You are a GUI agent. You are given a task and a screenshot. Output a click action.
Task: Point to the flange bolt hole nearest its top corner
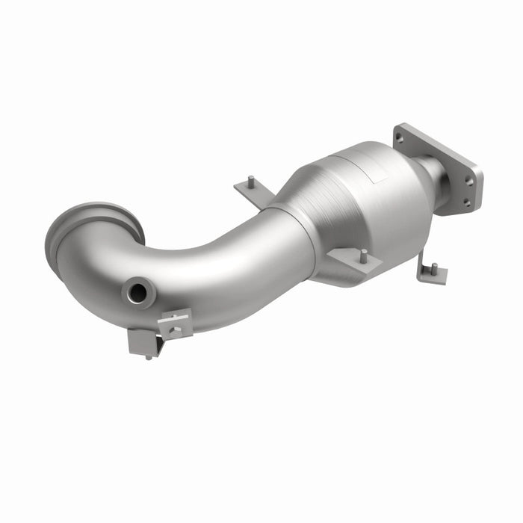tap(400, 137)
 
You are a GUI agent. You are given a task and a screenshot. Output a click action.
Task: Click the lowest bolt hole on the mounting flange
tap(466, 201)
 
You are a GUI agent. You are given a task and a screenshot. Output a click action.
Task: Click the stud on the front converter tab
tap(362, 256)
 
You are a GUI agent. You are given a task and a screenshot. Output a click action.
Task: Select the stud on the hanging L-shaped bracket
tap(433, 267)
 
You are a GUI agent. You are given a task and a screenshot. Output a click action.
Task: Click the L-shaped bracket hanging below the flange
tap(431, 273)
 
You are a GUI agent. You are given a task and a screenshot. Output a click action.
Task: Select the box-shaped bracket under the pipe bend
tap(143, 341)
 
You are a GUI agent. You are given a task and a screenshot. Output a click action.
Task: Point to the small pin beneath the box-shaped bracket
tap(149, 357)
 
